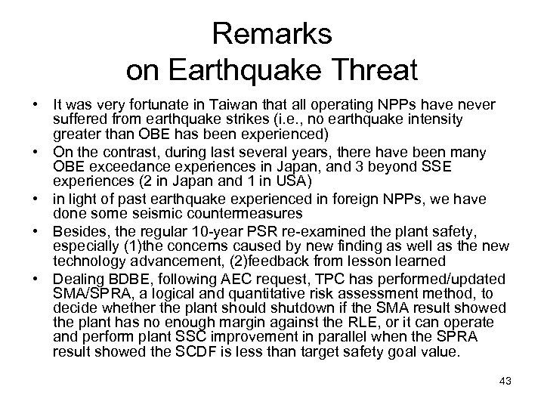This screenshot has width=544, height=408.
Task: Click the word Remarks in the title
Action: pos(271,35)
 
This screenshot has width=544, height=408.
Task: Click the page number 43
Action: pos(505,381)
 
